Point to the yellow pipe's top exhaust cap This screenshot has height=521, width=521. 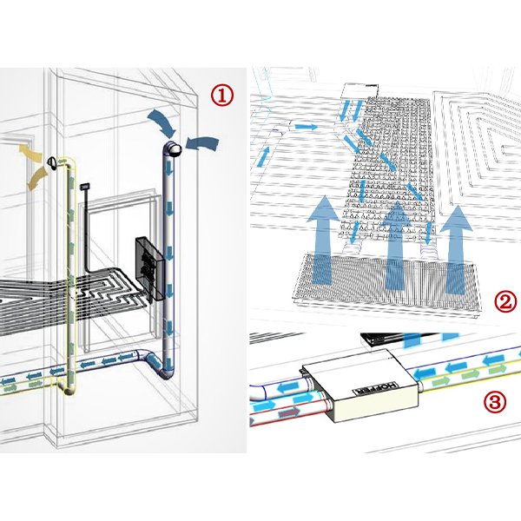[53, 162]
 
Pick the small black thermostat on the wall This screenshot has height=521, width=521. [85, 186]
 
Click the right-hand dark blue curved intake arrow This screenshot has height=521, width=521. [202, 142]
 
